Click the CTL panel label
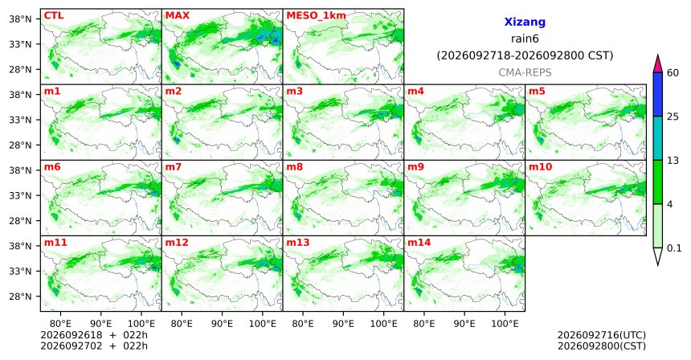54,15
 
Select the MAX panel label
177,15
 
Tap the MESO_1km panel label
316,16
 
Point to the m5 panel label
537,92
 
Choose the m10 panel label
540,167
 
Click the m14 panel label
419,243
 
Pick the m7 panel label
174,167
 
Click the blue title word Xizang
525,22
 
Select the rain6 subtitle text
525,39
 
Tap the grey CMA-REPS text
525,72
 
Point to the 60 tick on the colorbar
673,72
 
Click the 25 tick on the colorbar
673,117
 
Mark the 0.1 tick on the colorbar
674,248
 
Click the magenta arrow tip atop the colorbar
658,55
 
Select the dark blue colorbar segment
658,94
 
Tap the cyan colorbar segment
658,138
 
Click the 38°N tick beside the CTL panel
21,19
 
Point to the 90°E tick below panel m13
343,324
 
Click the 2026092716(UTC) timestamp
602,335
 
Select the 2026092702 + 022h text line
94,346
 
